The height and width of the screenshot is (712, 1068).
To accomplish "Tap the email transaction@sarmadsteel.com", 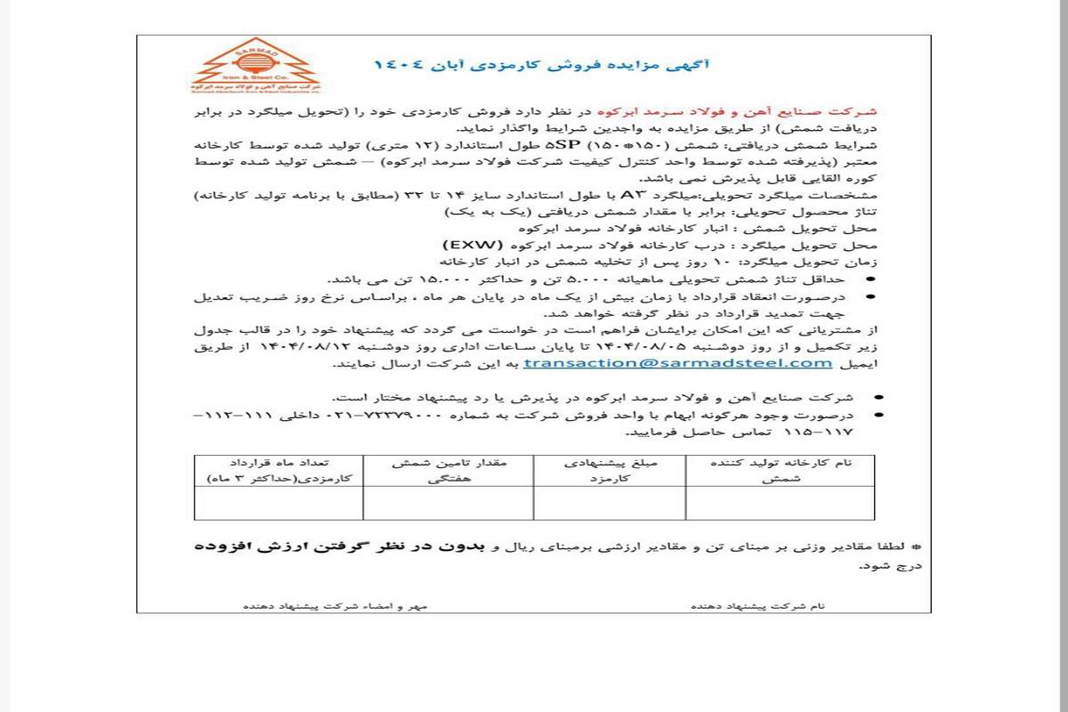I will (678, 363).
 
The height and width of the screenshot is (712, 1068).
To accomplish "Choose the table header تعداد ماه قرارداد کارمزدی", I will (279, 471).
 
